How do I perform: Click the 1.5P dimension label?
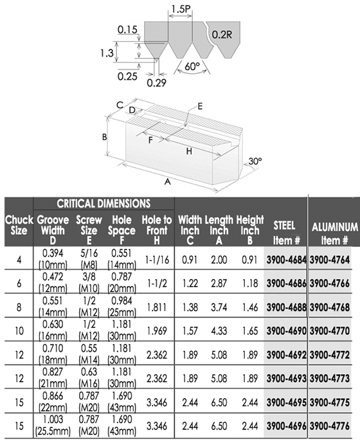click(x=180, y=8)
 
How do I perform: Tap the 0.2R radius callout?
click(x=222, y=35)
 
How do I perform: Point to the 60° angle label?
click(x=192, y=67)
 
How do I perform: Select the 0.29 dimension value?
click(x=157, y=82)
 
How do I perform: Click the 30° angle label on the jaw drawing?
click(x=255, y=161)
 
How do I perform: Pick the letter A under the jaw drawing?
click(x=168, y=182)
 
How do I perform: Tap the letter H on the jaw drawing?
click(x=189, y=151)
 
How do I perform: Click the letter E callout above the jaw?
click(x=200, y=106)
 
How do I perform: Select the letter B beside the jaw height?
click(x=104, y=137)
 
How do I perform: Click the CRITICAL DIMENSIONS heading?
click(x=104, y=203)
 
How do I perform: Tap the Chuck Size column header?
click(x=19, y=225)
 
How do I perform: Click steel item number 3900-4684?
click(x=286, y=260)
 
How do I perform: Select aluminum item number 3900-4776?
click(x=330, y=426)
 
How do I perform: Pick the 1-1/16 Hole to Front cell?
click(x=157, y=260)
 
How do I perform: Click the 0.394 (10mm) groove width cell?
click(x=53, y=259)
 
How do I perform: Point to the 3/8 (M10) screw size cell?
click(x=89, y=283)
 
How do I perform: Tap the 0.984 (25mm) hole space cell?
click(x=122, y=307)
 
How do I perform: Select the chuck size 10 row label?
click(x=19, y=330)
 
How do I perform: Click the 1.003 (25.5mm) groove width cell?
click(x=53, y=426)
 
